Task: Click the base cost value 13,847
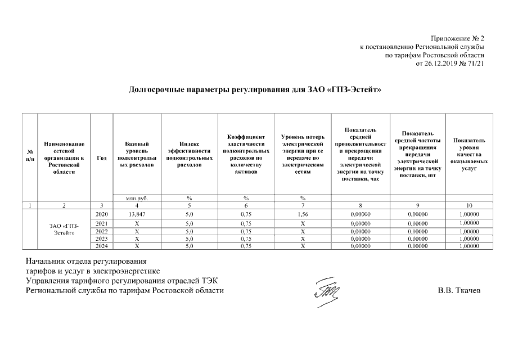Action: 137,214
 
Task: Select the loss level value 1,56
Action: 302,214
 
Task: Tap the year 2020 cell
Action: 101,214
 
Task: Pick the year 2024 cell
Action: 101,245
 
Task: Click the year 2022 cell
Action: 101,231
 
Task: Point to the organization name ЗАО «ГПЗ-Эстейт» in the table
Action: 64,229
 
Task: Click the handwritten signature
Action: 326,292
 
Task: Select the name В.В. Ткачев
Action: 459,291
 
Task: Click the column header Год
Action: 101,158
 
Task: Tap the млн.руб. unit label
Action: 137,197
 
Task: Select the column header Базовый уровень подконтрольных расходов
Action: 137,155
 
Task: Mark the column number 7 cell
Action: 302,205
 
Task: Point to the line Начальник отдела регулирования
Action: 86,262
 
